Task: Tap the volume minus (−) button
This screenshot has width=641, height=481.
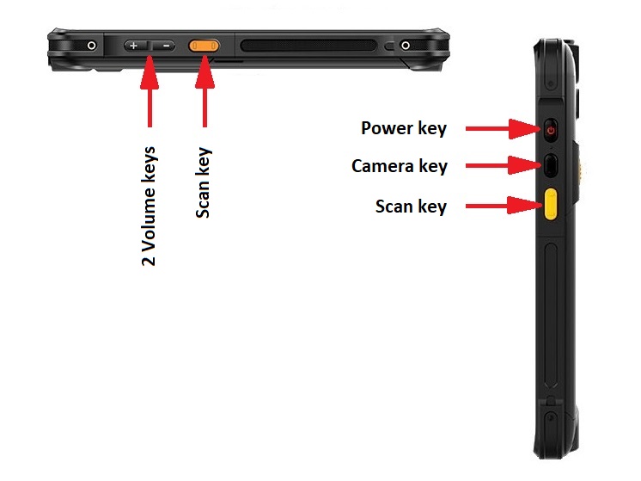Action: point(167,45)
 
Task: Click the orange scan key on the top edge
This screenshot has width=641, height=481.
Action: point(205,45)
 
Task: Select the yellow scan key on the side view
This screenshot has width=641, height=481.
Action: point(550,205)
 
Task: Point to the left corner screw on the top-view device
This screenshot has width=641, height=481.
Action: point(90,44)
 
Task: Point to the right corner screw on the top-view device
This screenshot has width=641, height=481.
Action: point(404,45)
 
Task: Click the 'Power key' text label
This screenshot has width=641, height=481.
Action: point(403,129)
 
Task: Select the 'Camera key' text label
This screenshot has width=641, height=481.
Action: point(399,165)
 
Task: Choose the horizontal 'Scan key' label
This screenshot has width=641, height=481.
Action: point(410,207)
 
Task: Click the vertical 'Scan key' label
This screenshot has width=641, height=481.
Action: point(204,182)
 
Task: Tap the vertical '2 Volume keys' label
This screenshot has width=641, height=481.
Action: point(150,206)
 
